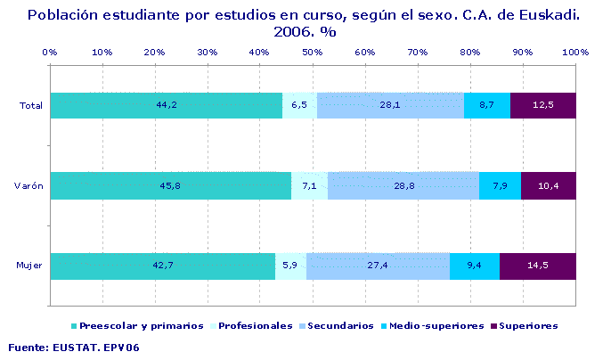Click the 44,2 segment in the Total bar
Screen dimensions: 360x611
(x=166, y=105)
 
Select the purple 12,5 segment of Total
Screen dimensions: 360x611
(x=542, y=105)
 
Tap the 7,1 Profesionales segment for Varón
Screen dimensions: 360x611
(x=309, y=185)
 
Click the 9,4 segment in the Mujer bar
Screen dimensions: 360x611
(x=475, y=266)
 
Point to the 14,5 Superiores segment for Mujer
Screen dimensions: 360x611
(x=537, y=266)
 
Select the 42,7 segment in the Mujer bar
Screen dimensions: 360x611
(x=162, y=266)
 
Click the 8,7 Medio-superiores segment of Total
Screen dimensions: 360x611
(x=486, y=105)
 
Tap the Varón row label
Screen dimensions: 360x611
(x=29, y=186)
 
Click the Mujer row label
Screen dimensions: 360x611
(x=30, y=266)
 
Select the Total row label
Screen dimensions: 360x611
(x=31, y=106)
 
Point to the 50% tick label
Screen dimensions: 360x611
(x=312, y=53)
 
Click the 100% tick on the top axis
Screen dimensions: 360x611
(x=574, y=53)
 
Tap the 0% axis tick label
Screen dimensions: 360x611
(x=50, y=53)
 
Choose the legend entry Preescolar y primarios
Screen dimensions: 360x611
(x=142, y=326)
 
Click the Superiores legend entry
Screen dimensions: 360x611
(x=528, y=326)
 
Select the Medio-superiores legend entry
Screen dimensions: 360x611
(x=436, y=326)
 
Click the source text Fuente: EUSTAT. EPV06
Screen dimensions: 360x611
(x=74, y=347)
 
